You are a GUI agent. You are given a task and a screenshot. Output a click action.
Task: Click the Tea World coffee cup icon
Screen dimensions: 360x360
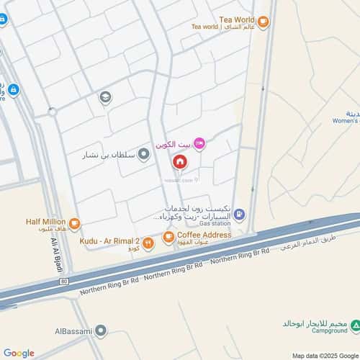point(264,23)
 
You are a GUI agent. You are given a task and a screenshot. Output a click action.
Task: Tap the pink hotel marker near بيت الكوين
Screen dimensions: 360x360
point(199,145)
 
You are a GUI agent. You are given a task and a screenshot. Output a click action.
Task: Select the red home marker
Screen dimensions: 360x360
point(178,163)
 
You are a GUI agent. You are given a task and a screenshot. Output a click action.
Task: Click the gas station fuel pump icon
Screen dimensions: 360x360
point(240,214)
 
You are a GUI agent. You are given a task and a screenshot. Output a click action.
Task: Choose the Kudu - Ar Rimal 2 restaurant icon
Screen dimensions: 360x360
point(148,244)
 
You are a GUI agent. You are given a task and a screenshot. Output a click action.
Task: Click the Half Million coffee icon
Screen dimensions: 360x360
point(74,222)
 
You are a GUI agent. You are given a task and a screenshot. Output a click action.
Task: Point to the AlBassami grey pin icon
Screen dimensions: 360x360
point(101,331)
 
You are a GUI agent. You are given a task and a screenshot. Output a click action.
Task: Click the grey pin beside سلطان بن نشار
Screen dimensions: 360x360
point(144,153)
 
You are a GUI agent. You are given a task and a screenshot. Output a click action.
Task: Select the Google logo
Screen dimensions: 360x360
point(18,353)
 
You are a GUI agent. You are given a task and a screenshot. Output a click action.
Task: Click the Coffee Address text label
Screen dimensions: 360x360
point(204,235)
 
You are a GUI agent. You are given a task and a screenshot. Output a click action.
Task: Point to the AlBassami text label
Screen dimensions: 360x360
point(73,331)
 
